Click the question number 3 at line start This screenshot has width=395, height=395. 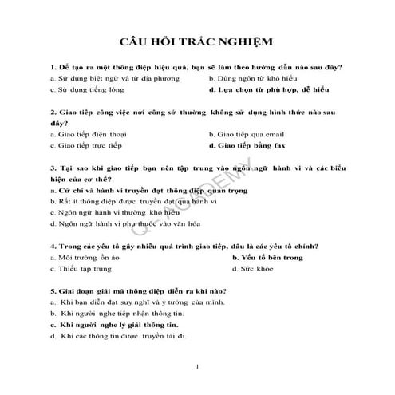51,169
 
